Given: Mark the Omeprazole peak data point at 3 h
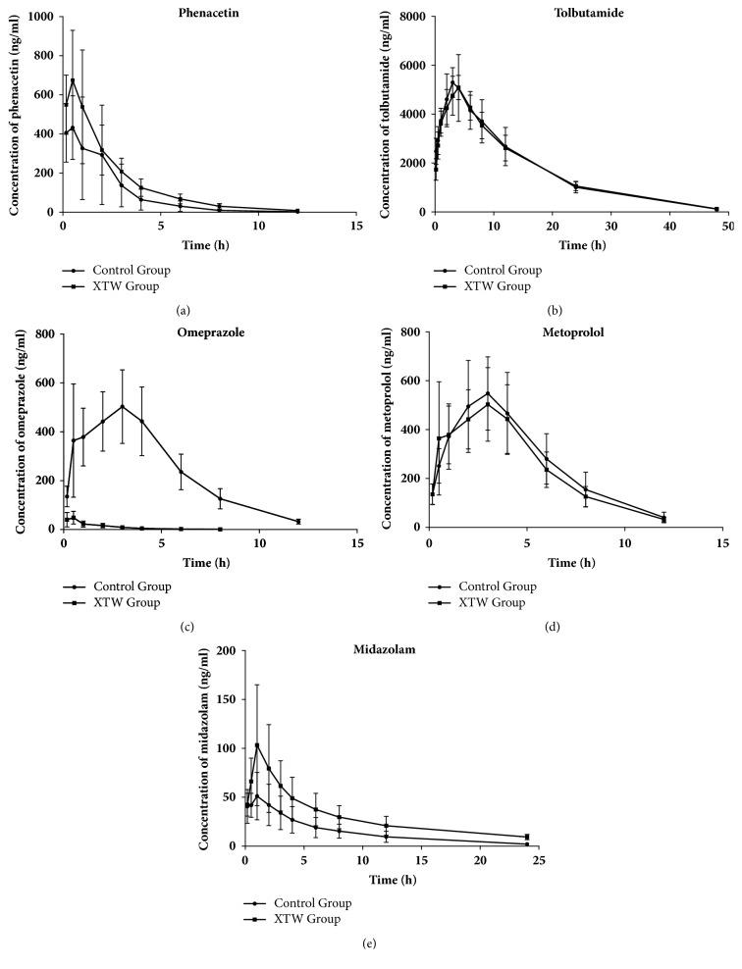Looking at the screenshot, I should (x=122, y=406).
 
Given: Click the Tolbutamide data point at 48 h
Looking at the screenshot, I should (x=716, y=209).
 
